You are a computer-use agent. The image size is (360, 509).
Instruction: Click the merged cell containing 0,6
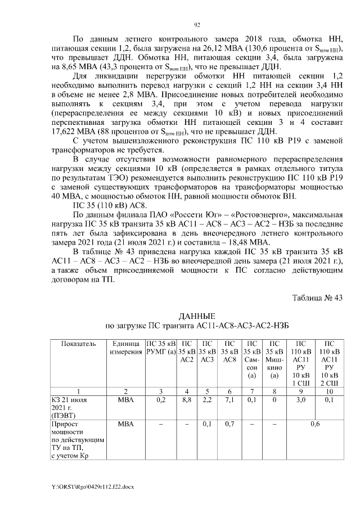315,423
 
